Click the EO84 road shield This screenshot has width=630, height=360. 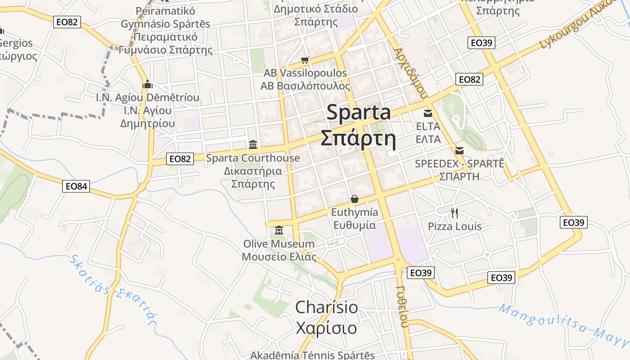pyautogui.click(x=76, y=186)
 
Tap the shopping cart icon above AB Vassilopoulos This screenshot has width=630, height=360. pyautogui.click(x=305, y=60)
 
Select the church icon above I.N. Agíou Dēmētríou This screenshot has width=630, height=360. pyautogui.click(x=148, y=84)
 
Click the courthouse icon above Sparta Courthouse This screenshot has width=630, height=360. pyautogui.click(x=253, y=145)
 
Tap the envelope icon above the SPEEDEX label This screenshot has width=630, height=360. pyautogui.click(x=459, y=150)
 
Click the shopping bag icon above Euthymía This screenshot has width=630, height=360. pyautogui.click(x=355, y=199)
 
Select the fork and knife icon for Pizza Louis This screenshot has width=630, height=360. pyautogui.click(x=454, y=213)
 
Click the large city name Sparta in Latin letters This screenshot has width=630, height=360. pyautogui.click(x=359, y=112)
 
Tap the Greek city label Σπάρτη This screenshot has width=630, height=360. pyautogui.click(x=358, y=139)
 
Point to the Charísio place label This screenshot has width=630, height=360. pyautogui.click(x=327, y=308)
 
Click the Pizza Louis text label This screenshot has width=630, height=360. pyautogui.click(x=454, y=226)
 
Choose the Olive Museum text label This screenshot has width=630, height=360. pyautogui.click(x=279, y=244)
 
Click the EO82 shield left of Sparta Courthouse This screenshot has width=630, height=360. pyautogui.click(x=180, y=158)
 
